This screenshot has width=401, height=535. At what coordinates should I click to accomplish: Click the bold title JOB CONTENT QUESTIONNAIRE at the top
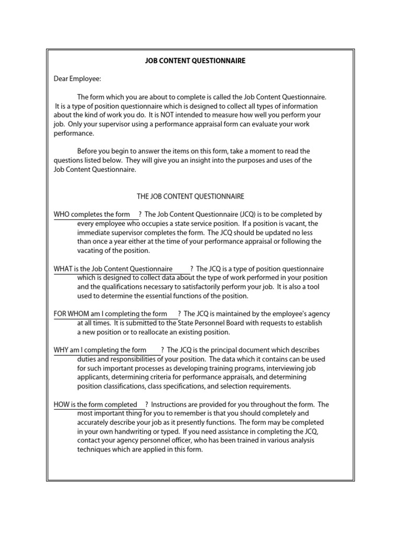click(x=195, y=61)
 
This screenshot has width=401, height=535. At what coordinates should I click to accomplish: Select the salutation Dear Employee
click(x=78, y=79)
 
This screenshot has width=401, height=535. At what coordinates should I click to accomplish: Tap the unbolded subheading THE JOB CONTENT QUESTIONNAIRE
click(x=191, y=196)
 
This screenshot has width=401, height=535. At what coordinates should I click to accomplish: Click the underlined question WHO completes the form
click(x=92, y=215)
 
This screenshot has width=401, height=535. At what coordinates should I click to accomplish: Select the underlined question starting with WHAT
click(x=113, y=269)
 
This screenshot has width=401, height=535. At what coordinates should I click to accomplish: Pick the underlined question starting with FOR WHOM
click(x=110, y=314)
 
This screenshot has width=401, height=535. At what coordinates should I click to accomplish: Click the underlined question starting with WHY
click(x=100, y=350)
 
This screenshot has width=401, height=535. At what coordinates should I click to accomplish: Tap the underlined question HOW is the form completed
click(x=96, y=405)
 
